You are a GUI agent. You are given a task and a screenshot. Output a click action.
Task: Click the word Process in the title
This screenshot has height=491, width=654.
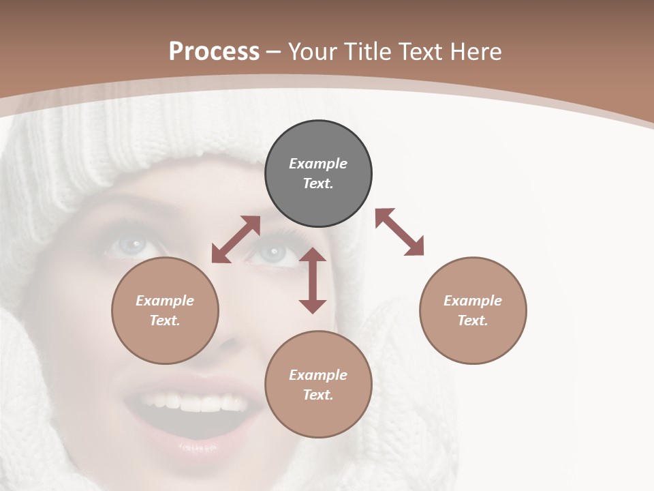pyautogui.click(x=214, y=52)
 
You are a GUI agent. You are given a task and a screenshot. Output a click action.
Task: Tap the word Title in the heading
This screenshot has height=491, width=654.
pyautogui.click(x=367, y=52)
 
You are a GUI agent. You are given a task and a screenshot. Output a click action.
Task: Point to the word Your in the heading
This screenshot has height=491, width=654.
pyautogui.click(x=313, y=52)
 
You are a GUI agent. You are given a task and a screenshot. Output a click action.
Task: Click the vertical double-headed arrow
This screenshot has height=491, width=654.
pyautogui.click(x=313, y=281)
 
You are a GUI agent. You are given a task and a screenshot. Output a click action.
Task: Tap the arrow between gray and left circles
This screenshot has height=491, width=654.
pyautogui.click(x=236, y=239)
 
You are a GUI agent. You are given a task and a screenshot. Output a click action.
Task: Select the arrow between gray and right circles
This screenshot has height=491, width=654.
pyautogui.click(x=400, y=232)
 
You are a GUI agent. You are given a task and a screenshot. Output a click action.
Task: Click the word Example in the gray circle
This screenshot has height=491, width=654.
pyautogui.click(x=318, y=164)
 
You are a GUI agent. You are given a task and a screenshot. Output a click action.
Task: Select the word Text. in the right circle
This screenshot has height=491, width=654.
pyautogui.click(x=473, y=321)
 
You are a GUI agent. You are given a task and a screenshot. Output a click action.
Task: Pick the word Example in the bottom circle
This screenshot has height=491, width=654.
pyautogui.click(x=318, y=375)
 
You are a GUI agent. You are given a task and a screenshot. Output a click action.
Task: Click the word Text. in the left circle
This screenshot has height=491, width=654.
pyautogui.click(x=165, y=321)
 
